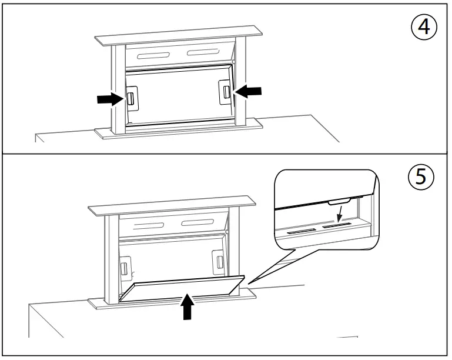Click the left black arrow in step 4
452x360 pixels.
pyautogui.click(x=111, y=99)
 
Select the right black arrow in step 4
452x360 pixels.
pyautogui.click(x=247, y=91)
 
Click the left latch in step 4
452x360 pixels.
pyautogui.click(x=132, y=98)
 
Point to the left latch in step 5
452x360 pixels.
pyautogui.click(x=125, y=268)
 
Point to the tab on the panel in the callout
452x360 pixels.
pyautogui.click(x=341, y=202)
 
